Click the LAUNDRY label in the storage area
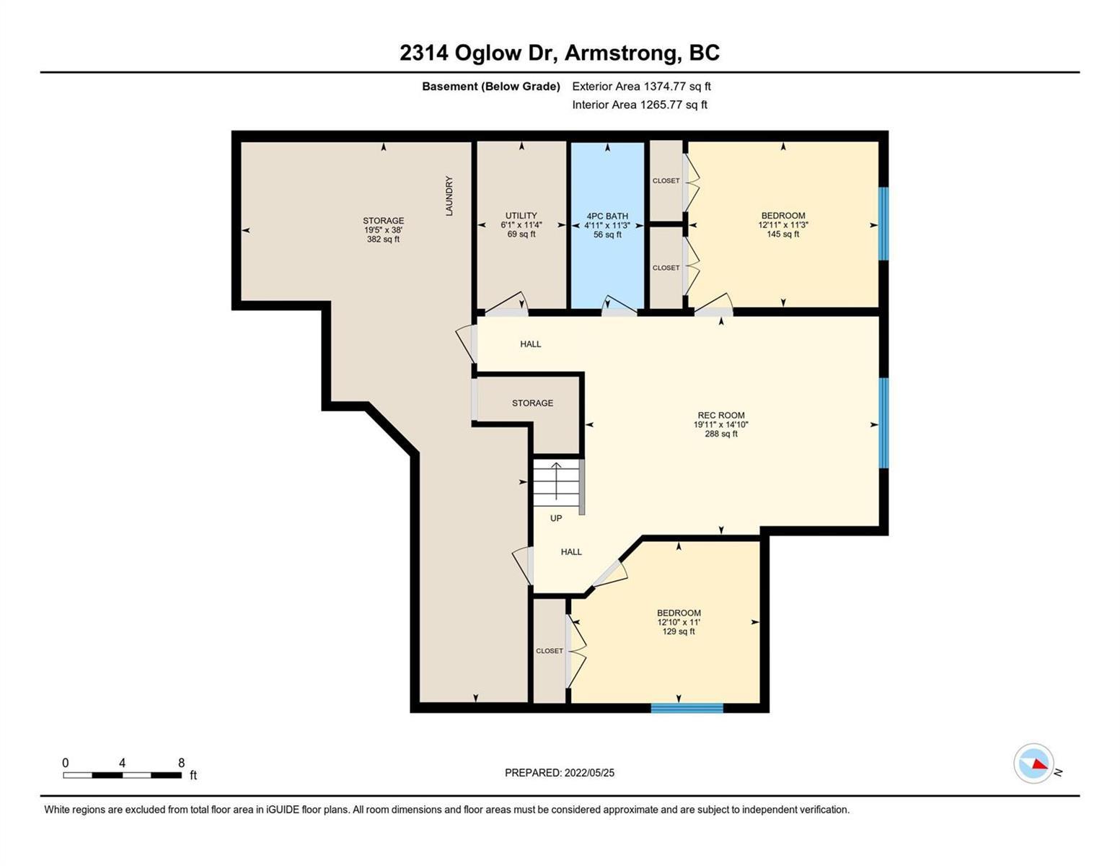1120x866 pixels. pyautogui.click(x=449, y=196)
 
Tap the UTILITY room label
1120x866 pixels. pyautogui.click(x=521, y=216)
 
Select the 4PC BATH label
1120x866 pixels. pyautogui.click(x=607, y=216)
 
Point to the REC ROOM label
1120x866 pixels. pyautogui.click(x=721, y=415)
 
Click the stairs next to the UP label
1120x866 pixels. pyautogui.click(x=557, y=484)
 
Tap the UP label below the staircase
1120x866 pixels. pyautogui.click(x=556, y=518)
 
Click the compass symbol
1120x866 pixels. pyautogui.click(x=1033, y=764)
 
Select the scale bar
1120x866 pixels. pyautogui.click(x=122, y=774)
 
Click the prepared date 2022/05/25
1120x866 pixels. pyautogui.click(x=589, y=773)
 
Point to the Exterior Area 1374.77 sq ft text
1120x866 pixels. pyautogui.click(x=641, y=87)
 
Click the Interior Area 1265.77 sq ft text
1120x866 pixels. pyautogui.click(x=640, y=105)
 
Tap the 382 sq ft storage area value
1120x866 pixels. pyautogui.click(x=383, y=240)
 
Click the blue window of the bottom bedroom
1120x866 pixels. pyautogui.click(x=687, y=708)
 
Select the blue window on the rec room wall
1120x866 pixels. pyautogui.click(x=883, y=423)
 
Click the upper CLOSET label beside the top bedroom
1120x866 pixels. pyautogui.click(x=666, y=180)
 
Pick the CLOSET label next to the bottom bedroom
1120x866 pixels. pyautogui.click(x=550, y=651)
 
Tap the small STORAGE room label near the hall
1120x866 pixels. pyautogui.click(x=532, y=403)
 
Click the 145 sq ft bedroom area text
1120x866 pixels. pyautogui.click(x=783, y=234)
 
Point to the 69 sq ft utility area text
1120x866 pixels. pyautogui.click(x=521, y=234)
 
